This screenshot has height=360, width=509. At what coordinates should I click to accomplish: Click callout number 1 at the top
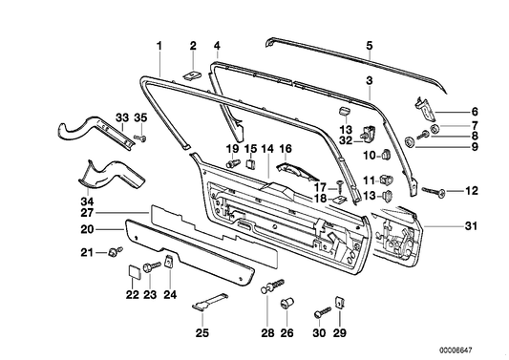tap(159, 45)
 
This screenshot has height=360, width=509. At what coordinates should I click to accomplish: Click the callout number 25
tap(201, 333)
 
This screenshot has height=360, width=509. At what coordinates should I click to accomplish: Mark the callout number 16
tap(285, 149)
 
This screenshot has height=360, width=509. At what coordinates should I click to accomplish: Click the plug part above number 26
tap(284, 305)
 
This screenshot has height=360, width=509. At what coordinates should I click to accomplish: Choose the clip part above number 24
tap(167, 262)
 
